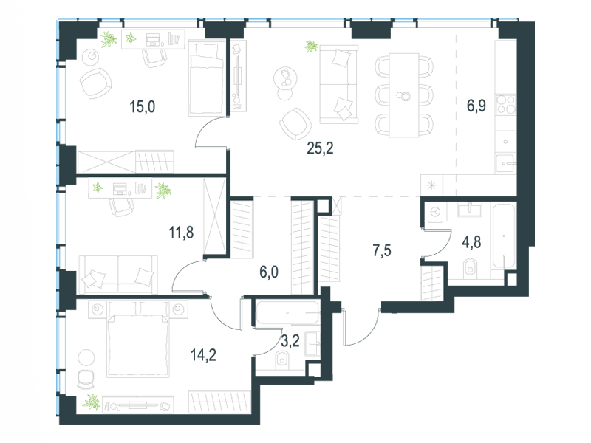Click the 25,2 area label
320,148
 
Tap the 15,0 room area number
142,107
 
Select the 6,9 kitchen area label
476,106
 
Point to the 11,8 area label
181,233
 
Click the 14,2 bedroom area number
204,355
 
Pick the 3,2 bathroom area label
290,341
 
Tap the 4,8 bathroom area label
471,242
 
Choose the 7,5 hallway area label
382,250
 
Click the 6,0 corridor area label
269,272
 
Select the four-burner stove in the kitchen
506,104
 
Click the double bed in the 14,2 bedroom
138,339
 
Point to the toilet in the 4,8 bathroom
470,267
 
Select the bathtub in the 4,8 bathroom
504,236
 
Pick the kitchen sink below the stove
506,163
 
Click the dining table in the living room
404,95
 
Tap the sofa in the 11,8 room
118,274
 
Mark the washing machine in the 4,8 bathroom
436,212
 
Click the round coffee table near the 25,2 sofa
285,78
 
